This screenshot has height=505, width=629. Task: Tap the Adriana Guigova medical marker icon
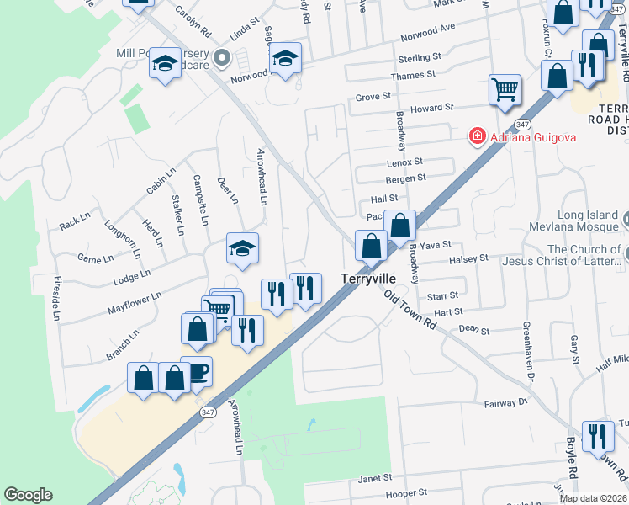(477, 136)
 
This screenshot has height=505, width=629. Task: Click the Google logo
(28, 495)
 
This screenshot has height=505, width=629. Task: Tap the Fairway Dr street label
(505, 404)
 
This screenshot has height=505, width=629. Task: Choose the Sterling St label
(420, 58)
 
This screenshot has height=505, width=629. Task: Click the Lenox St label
(404, 162)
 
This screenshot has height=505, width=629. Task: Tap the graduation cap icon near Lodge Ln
(242, 249)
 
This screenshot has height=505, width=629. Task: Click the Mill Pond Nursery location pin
(222, 58)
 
